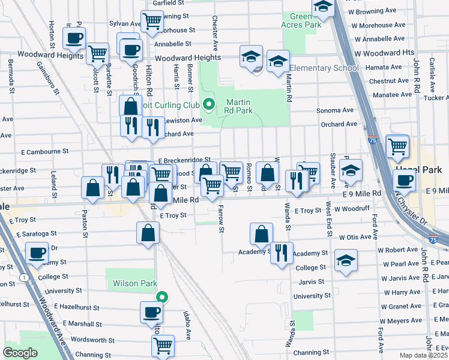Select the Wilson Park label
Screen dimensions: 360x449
pyautogui.click(x=131, y=282)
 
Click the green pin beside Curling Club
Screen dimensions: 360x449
pyautogui.click(x=209, y=105)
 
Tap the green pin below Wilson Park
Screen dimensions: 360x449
pyautogui.click(x=161, y=296)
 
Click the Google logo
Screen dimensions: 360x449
pyautogui.click(x=20, y=353)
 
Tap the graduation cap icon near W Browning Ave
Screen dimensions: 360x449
pyautogui.click(x=324, y=8)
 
